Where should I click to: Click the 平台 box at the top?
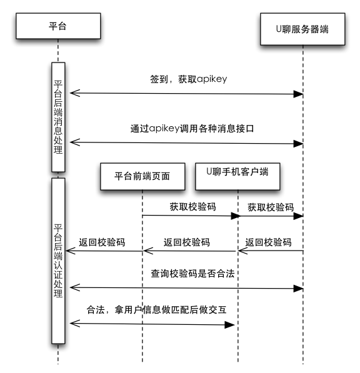point(57,26)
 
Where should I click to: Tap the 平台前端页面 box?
point(143,176)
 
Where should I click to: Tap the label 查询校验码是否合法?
point(187,274)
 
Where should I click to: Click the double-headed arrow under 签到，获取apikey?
point(186,94)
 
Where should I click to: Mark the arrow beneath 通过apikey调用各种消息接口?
point(186,143)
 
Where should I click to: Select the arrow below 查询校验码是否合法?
point(186,288)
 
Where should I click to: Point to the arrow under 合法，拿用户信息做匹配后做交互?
point(151,324)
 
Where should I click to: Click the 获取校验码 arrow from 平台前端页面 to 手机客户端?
point(191,216)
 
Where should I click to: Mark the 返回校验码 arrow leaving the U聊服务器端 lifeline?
point(270,251)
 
